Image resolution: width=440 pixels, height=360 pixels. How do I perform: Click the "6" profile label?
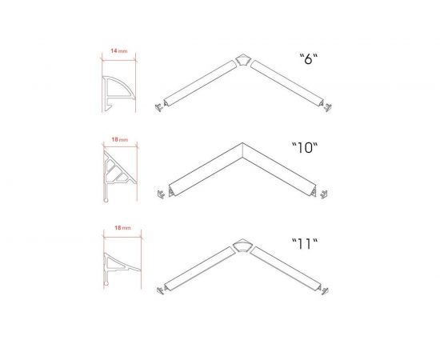pyautogui.click(x=308, y=59)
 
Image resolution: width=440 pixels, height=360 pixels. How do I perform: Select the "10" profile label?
pyautogui.click(x=305, y=147)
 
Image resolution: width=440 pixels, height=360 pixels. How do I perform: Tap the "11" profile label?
pyautogui.click(x=305, y=244)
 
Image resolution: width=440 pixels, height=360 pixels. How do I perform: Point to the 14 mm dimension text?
pyautogui.click(x=119, y=50)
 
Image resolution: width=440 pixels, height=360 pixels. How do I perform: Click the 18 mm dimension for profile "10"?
pyautogui.click(x=120, y=139)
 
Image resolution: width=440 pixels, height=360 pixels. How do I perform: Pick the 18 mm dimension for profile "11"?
pyautogui.click(x=122, y=227)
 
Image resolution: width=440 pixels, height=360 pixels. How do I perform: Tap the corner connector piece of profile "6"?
pyautogui.click(x=242, y=60)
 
